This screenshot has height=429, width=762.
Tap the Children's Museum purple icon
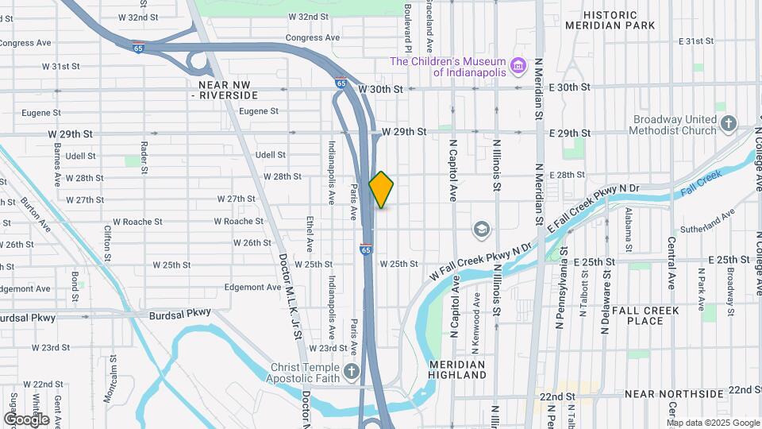pos(518,65)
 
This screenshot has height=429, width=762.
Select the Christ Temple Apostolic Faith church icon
pos(352,371)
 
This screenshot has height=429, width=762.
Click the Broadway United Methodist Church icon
pos(729,122)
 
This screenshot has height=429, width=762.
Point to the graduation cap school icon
pos(480,230)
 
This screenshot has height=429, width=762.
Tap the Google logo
pos(26,419)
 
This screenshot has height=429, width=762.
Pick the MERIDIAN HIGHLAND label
pos(456,369)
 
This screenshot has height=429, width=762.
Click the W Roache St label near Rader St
pos(138,222)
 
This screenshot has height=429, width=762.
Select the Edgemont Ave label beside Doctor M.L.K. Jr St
pos(249,287)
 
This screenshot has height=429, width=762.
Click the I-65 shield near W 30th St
pos(341,82)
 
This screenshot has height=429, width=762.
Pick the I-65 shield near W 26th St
pos(365,248)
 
